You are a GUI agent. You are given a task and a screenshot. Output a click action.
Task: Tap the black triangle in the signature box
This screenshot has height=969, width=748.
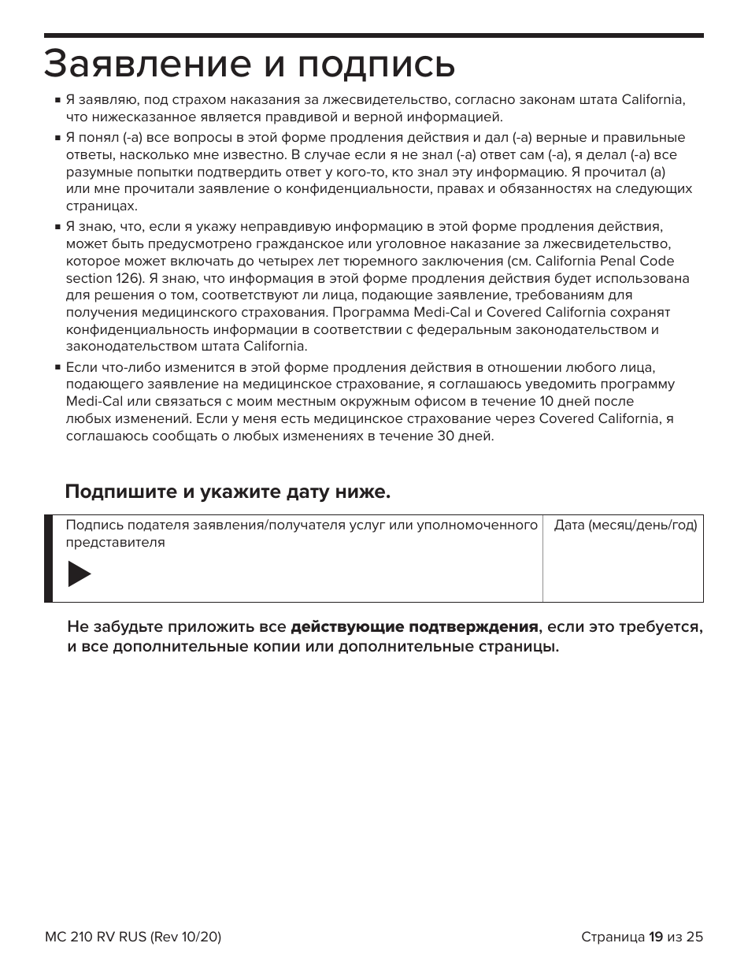(x=79, y=574)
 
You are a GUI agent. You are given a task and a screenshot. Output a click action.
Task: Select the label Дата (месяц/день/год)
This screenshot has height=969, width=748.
(x=625, y=525)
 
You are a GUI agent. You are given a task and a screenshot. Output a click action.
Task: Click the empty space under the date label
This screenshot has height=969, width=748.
(x=622, y=571)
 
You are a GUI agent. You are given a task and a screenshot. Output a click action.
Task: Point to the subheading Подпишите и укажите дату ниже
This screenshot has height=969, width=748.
(x=228, y=492)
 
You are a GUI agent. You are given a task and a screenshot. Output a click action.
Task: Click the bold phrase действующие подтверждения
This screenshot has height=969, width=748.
(x=414, y=627)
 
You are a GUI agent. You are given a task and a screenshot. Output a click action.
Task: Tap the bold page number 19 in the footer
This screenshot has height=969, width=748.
(x=655, y=937)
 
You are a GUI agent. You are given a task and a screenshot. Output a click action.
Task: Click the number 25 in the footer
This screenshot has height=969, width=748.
(x=694, y=937)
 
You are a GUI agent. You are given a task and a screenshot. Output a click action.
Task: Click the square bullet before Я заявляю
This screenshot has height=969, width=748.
(x=58, y=101)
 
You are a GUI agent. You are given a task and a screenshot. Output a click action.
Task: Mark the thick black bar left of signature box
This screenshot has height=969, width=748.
(x=49, y=559)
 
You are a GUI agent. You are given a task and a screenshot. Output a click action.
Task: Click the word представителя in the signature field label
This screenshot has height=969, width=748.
(x=115, y=543)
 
